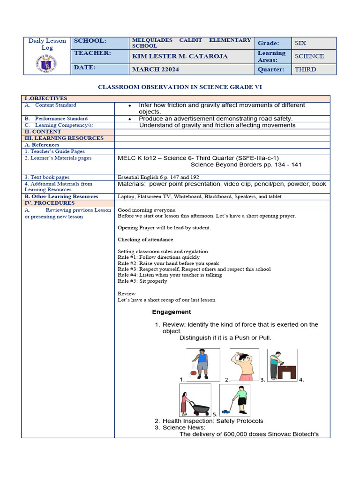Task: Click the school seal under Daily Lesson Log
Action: [47, 63]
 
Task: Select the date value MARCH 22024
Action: [155, 69]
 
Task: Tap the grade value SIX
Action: [300, 43]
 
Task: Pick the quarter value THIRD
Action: [305, 69]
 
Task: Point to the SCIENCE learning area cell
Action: [309, 56]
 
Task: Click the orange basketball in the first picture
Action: [193, 374]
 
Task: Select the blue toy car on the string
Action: [225, 412]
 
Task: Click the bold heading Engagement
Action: [172, 312]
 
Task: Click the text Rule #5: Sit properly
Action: [142, 281]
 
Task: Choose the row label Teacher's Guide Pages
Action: [55, 151]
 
